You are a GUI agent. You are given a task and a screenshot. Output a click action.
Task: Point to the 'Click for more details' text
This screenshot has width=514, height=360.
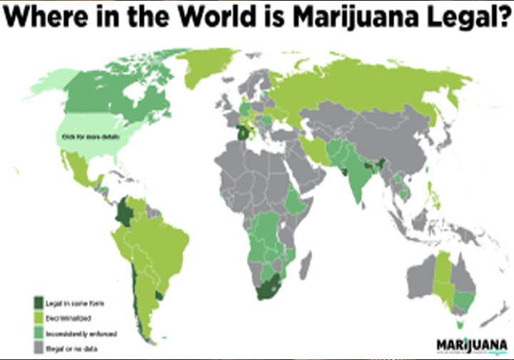click(x=91, y=136)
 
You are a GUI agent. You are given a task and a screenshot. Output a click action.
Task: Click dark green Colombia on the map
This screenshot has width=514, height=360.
click(x=127, y=212)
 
